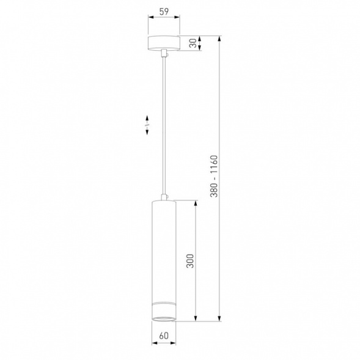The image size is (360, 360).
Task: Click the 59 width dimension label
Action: [164, 12]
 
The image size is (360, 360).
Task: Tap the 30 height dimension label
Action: [193, 43]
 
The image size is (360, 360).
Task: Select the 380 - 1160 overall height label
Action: [214, 176]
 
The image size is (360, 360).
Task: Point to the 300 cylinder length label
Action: [190, 261]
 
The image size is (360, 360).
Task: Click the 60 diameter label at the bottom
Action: [164, 336]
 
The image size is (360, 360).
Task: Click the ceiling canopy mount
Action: [164, 43]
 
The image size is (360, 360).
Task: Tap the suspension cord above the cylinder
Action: [164, 125]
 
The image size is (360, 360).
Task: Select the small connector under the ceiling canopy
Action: [164, 53]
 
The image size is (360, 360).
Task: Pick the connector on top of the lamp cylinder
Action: [164, 197]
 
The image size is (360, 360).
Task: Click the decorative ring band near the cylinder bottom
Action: [164, 303]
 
